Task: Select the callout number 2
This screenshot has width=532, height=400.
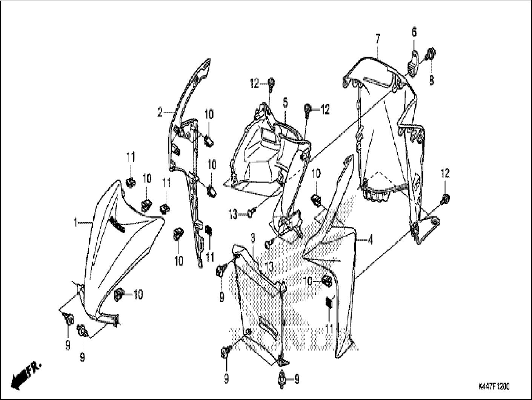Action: (x=160, y=112)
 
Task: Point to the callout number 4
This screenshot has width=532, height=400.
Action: (x=371, y=239)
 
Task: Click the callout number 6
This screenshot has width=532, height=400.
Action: (x=414, y=32)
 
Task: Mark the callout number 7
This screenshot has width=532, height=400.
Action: (x=378, y=38)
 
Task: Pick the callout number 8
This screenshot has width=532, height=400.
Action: (x=431, y=80)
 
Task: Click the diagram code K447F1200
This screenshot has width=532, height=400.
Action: (x=494, y=387)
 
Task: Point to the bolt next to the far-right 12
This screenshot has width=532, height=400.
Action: (x=445, y=198)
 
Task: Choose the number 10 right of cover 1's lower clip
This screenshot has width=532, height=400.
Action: (x=138, y=295)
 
